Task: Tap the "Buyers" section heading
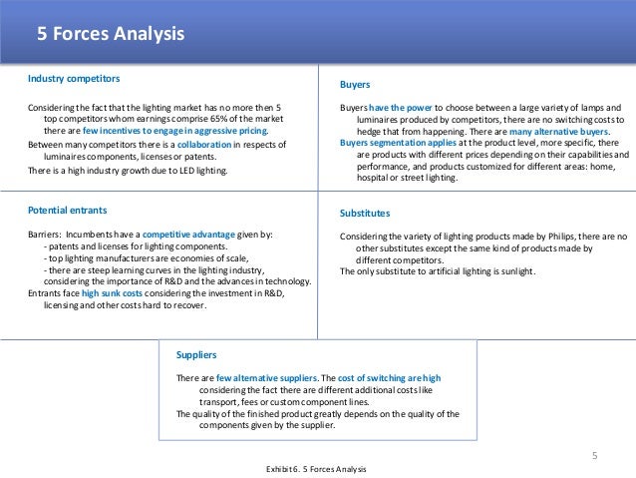pyautogui.click(x=355, y=86)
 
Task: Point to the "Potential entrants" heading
pyautogui.click(x=68, y=211)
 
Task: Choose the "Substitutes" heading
pyautogui.click(x=365, y=214)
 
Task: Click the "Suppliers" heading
pyautogui.click(x=196, y=354)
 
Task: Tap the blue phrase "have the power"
pyautogui.click(x=403, y=107)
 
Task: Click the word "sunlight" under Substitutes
pyautogui.click(x=515, y=271)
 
